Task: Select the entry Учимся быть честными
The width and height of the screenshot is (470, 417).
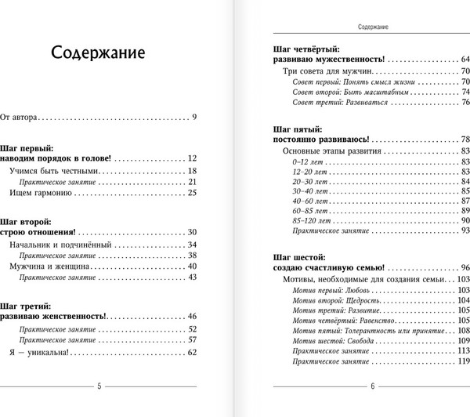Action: pyautogui.click(x=55, y=170)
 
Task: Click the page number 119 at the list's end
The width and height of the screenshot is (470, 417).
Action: pyautogui.click(x=462, y=364)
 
